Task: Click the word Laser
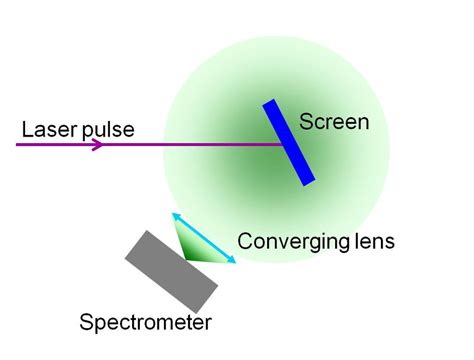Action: click(x=47, y=129)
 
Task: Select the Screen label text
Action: click(x=334, y=123)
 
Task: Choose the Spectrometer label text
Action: click(x=145, y=323)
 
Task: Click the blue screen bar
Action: click(x=291, y=142)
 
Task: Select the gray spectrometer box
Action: click(x=172, y=270)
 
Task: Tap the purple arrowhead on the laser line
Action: click(x=96, y=144)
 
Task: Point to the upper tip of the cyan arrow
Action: click(x=174, y=213)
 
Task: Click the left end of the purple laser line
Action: click(x=19, y=144)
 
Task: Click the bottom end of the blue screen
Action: click(x=309, y=181)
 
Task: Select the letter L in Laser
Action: click(x=26, y=129)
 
